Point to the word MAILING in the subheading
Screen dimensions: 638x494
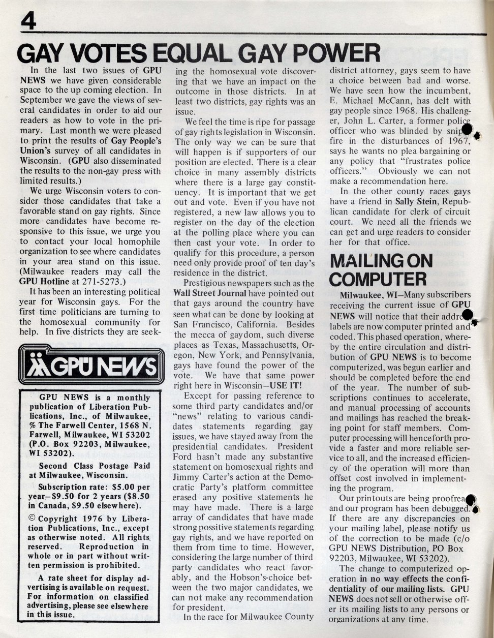(x=365, y=260)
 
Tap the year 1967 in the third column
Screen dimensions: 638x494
(x=457, y=141)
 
